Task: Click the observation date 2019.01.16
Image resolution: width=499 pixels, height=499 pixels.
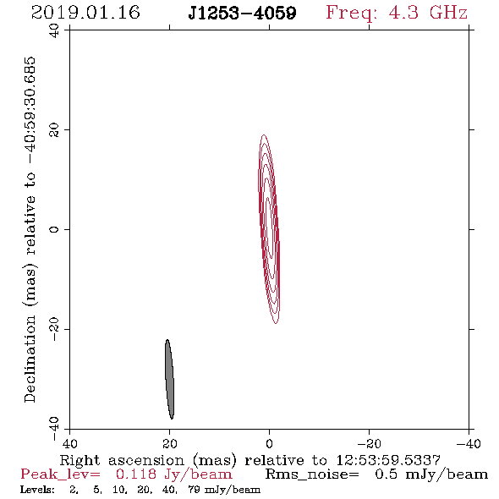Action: pyautogui.click(x=85, y=13)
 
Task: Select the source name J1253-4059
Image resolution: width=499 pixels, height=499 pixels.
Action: pyautogui.click(x=242, y=14)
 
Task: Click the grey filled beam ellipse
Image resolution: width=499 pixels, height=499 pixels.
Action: pyautogui.click(x=169, y=379)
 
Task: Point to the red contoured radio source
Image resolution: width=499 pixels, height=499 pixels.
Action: pyautogui.click(x=269, y=229)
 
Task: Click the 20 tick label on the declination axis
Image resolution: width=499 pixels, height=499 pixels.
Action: pyautogui.click(x=54, y=130)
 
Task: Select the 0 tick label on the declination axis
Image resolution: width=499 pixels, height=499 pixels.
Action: pyautogui.click(x=54, y=229)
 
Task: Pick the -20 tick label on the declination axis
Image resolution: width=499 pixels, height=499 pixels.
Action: pyautogui.click(x=54, y=329)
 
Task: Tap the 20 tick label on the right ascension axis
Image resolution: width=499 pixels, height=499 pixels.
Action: pyautogui.click(x=170, y=443)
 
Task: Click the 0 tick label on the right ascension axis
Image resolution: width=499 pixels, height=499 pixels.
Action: pyautogui.click(x=269, y=443)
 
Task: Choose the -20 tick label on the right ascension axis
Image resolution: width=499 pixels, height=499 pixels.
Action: pyautogui.click(x=369, y=443)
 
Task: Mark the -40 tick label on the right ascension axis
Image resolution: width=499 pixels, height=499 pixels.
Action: pyautogui.click(x=469, y=443)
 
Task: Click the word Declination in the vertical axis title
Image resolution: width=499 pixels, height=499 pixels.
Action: pyautogui.click(x=30, y=359)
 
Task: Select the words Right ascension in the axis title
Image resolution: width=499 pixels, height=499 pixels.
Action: pyautogui.click(x=122, y=460)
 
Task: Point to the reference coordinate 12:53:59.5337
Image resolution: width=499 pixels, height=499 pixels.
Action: pyautogui.click(x=388, y=460)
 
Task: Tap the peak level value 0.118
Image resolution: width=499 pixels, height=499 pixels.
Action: pyautogui.click(x=136, y=474)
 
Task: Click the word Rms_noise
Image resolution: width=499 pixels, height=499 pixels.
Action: pyautogui.click(x=311, y=474)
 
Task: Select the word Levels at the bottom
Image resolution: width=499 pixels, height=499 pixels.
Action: pyautogui.click(x=37, y=489)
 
